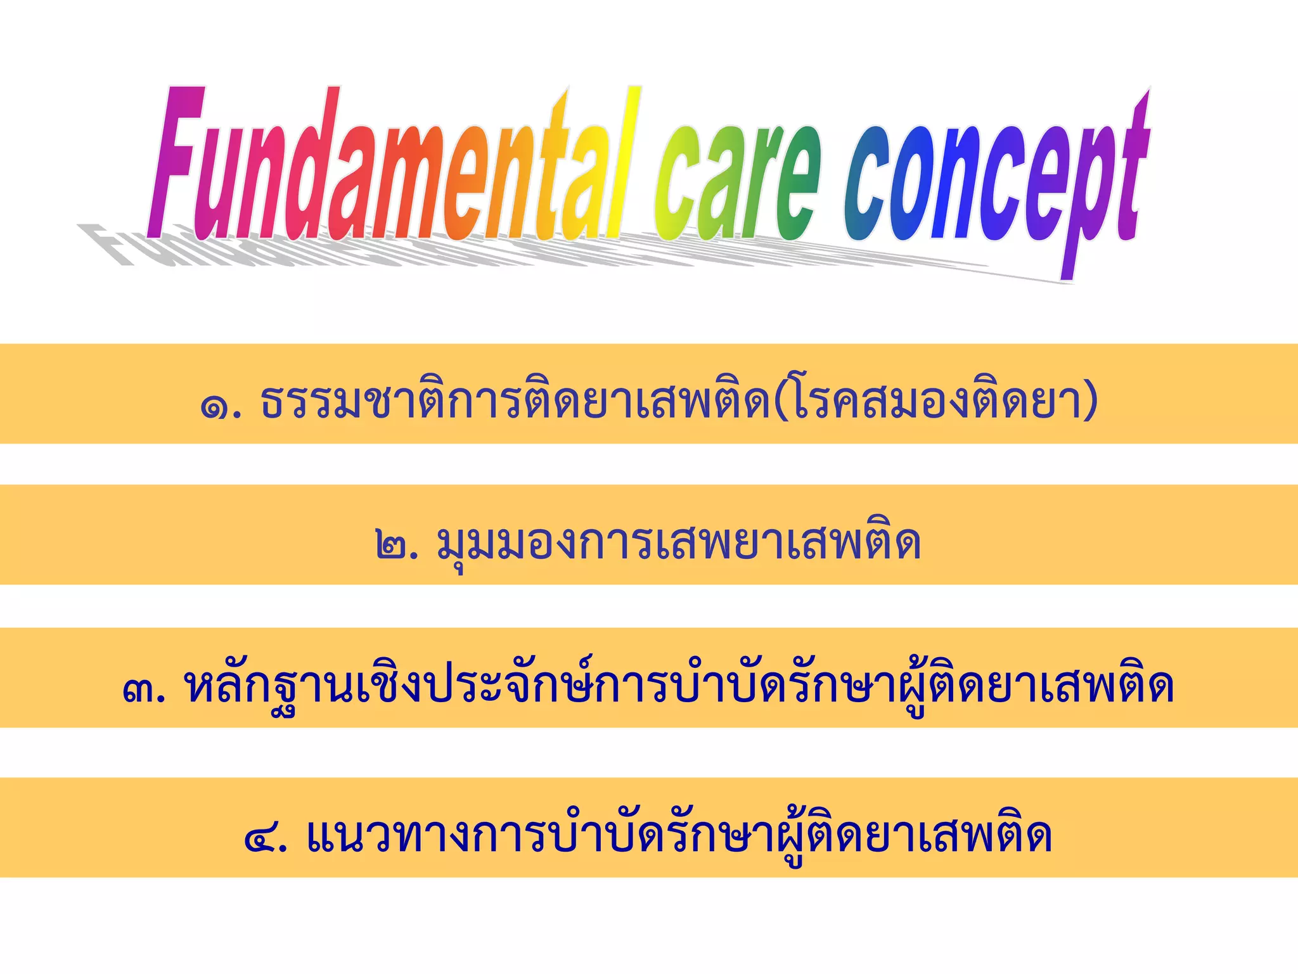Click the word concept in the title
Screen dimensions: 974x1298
tap(995, 184)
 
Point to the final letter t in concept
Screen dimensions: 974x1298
tap(1134, 171)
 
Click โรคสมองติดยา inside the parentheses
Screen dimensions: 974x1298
tap(935, 400)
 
